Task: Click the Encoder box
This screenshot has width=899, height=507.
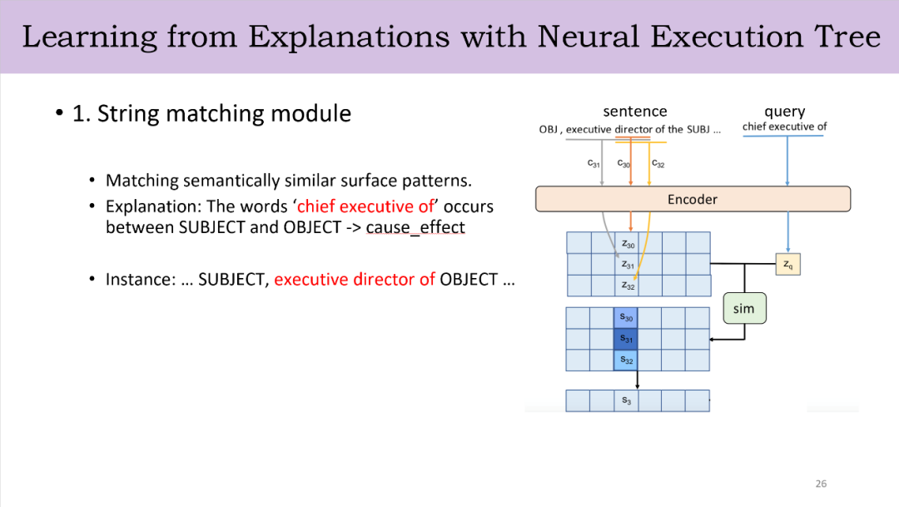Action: point(693,199)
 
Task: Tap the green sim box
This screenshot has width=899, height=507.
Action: point(744,309)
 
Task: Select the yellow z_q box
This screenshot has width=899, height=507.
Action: point(787,265)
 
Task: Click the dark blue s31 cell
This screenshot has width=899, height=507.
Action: point(625,339)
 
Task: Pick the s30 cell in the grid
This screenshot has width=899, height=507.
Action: point(625,318)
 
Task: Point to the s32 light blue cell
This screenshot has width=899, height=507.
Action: point(625,360)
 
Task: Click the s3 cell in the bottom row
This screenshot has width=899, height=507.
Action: point(626,401)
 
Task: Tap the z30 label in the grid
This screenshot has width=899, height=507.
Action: point(628,244)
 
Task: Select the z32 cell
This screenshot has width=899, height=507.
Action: point(628,286)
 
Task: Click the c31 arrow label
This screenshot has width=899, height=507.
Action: point(594,163)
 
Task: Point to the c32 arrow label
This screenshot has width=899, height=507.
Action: point(658,163)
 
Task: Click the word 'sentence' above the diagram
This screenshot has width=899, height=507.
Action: point(635,111)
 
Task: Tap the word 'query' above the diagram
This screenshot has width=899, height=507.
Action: point(785,112)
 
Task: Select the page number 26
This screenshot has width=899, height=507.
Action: point(821,484)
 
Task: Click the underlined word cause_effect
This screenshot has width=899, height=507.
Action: point(415,227)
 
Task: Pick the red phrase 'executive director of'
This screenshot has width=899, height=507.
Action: point(355,280)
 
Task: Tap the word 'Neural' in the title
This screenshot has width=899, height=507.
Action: point(589,37)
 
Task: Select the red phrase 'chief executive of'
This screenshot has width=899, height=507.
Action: point(365,206)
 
